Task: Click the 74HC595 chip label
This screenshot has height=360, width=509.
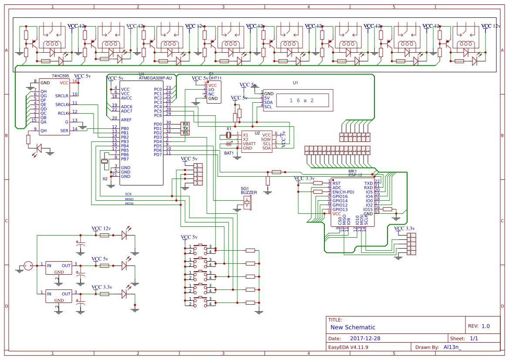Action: (61, 76)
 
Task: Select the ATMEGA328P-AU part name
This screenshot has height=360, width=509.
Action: (155, 78)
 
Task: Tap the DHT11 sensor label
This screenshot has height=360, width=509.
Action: (215, 78)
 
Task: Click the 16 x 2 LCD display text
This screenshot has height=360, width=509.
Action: (301, 101)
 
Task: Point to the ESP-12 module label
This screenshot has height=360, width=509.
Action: (355, 175)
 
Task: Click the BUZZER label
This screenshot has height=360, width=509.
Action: (249, 192)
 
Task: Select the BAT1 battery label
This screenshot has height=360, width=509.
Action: (229, 153)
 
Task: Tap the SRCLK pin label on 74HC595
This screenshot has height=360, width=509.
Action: (62, 104)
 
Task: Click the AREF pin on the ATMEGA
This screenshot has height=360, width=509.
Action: (126, 120)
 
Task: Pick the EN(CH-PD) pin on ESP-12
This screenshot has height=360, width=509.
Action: (343, 192)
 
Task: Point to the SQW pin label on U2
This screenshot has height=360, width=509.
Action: (266, 139)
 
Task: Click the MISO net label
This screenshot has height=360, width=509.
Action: (129, 199)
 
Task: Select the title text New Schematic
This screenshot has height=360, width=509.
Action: (353, 327)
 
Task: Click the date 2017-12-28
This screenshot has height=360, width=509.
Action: (365, 339)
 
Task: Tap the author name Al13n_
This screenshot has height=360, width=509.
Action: (452, 347)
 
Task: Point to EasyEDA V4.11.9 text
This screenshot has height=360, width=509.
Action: (348, 347)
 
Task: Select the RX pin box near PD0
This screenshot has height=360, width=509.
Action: (185, 124)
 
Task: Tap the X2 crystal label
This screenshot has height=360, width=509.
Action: (105, 179)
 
